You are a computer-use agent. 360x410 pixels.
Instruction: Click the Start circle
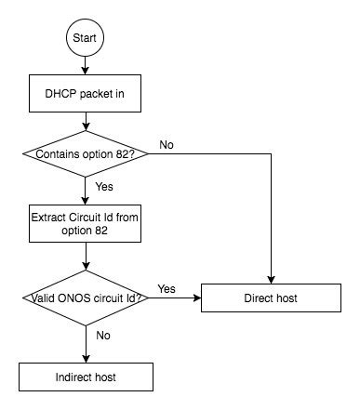click(85, 41)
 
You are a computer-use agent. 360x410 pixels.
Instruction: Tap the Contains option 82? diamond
click(85, 153)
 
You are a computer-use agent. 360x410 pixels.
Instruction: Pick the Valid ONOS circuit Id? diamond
click(85, 298)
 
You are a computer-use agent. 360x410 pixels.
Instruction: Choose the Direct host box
click(272, 298)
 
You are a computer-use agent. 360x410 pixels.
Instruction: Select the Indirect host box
click(85, 376)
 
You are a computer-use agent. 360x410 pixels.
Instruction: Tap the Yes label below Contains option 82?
click(104, 186)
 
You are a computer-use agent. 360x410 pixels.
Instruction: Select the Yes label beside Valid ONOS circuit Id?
click(168, 289)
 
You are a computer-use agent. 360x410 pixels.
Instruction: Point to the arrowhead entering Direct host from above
click(272, 281)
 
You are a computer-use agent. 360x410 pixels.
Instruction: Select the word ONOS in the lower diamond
click(70, 298)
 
